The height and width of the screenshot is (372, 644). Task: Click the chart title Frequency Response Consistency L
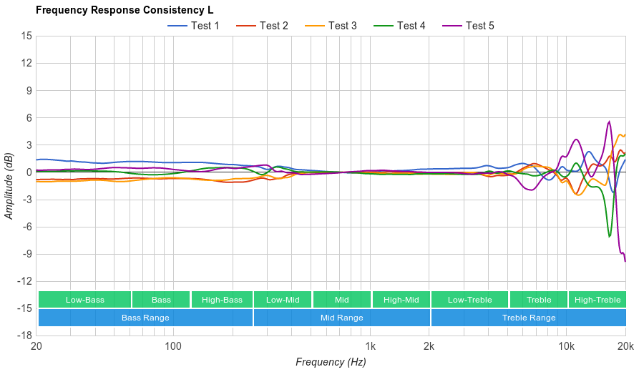pyautogui.click(x=124, y=10)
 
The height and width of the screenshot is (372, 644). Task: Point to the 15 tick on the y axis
pyautogui.click(x=26, y=36)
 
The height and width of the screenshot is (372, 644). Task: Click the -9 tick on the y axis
pyautogui.click(x=26, y=254)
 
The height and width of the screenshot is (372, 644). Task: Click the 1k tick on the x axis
pyautogui.click(x=370, y=347)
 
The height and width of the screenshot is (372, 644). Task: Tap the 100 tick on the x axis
pyautogui.click(x=173, y=347)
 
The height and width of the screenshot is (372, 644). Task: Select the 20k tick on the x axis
pyautogui.click(x=625, y=347)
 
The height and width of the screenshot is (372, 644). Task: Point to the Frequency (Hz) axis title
pyautogui.click(x=331, y=362)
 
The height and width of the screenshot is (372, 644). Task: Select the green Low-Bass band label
pyautogui.click(x=84, y=300)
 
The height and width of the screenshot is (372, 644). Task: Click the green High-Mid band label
pyautogui.click(x=401, y=300)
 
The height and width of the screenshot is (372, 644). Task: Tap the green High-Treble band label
pyautogui.click(x=597, y=300)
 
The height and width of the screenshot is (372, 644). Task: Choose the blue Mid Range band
pyautogui.click(x=341, y=318)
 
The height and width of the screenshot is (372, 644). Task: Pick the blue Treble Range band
pyautogui.click(x=528, y=318)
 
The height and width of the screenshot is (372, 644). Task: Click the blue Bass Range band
pyautogui.click(x=145, y=318)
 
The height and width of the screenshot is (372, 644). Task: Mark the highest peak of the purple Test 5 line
pyautogui.click(x=609, y=122)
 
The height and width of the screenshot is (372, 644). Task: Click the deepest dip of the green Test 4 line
pyautogui.click(x=610, y=237)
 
